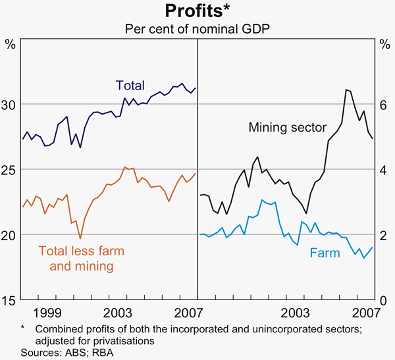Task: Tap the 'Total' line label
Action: click(x=129, y=85)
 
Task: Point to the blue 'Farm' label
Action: click(x=325, y=253)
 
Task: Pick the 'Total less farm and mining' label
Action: click(x=81, y=259)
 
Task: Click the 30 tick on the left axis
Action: click(x=11, y=105)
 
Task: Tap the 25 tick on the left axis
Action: click(x=11, y=170)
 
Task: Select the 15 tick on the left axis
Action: click(x=11, y=300)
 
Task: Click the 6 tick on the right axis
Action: click(x=383, y=105)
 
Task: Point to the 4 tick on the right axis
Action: click(x=383, y=170)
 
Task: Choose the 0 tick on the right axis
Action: click(x=383, y=300)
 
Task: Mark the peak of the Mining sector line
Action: click(x=346, y=90)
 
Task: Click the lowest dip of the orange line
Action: click(x=80, y=238)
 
